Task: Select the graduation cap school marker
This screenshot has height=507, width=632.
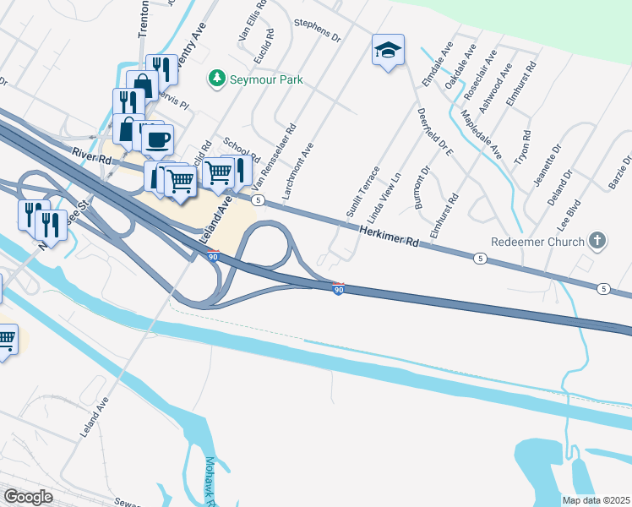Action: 388,51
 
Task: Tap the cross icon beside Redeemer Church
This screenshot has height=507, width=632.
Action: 597,242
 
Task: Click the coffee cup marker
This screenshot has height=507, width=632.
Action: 157,139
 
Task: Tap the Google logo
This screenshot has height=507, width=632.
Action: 28,497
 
